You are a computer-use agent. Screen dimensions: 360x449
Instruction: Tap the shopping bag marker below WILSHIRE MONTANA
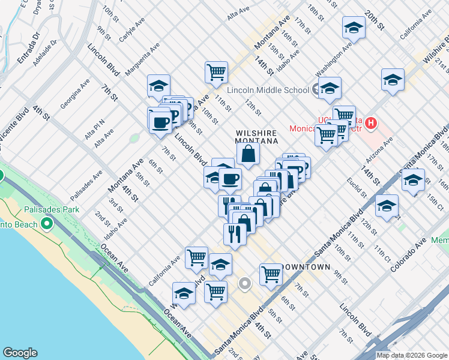tap(248, 155)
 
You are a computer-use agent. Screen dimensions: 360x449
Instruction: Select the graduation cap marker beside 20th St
tap(354, 28)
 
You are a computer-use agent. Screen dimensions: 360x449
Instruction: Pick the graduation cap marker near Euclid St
tap(387, 206)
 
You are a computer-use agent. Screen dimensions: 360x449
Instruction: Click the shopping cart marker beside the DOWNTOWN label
tap(271, 275)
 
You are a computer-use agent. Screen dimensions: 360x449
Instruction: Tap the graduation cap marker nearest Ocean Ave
tap(184, 294)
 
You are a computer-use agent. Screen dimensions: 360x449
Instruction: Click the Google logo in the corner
tap(20, 353)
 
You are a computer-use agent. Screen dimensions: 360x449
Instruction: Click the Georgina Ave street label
tap(75, 94)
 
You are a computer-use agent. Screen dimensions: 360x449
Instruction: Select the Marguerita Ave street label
tap(142, 59)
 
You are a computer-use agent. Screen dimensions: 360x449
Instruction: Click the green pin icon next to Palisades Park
tap(46, 224)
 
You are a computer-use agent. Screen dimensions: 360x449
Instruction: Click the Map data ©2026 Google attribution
tap(412, 355)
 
